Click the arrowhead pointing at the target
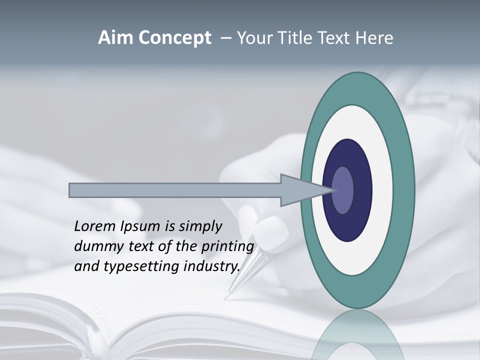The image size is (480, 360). tap(300, 190)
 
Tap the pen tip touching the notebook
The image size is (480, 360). tap(226, 298)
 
